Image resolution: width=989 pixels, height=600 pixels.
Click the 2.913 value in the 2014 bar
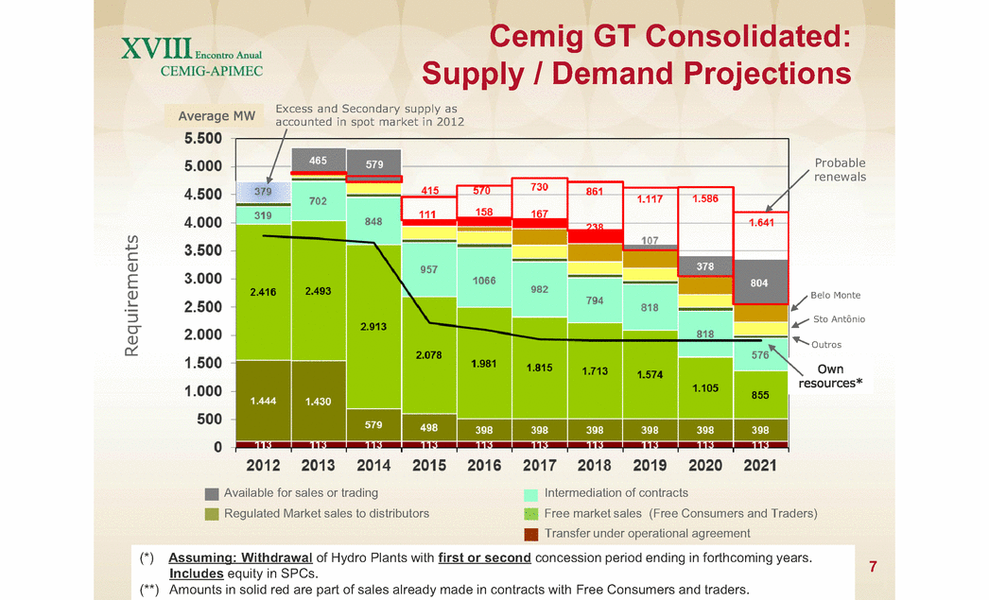pyautogui.click(x=374, y=326)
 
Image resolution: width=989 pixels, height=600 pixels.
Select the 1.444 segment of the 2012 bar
pyautogui.click(x=264, y=401)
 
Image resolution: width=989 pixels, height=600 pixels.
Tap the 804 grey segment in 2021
pyautogui.click(x=760, y=282)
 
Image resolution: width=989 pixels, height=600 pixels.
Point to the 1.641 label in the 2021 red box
pyautogui.click(x=760, y=224)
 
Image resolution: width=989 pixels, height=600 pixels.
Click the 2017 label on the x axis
pyautogui.click(x=540, y=466)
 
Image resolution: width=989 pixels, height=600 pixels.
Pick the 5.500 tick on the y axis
pyautogui.click(x=203, y=138)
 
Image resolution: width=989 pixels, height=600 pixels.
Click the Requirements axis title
pyautogui.click(x=132, y=296)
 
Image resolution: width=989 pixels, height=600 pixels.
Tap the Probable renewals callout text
pyautogui.click(x=840, y=170)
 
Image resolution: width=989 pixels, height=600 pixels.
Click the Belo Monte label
pyautogui.click(x=835, y=296)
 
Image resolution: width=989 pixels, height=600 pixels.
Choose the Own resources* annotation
pyautogui.click(x=830, y=376)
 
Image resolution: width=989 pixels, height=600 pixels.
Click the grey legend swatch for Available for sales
pyautogui.click(x=212, y=493)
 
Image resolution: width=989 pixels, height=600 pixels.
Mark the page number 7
pyautogui.click(x=873, y=567)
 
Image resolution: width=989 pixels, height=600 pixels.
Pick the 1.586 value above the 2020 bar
pyautogui.click(x=705, y=199)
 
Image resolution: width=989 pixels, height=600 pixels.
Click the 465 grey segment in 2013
pyautogui.click(x=319, y=161)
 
